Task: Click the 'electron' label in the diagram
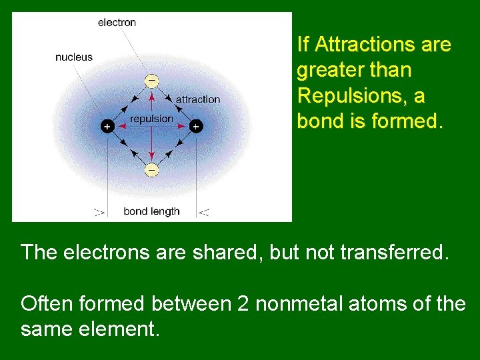click(x=117, y=23)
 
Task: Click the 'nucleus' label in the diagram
click(x=74, y=57)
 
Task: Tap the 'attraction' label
click(x=197, y=99)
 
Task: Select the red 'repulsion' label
click(x=151, y=119)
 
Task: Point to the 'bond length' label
click(x=151, y=211)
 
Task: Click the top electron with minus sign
click(x=151, y=81)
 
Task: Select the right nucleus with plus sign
click(x=196, y=125)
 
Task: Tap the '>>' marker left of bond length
click(x=99, y=212)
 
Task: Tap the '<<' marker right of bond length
click(x=204, y=212)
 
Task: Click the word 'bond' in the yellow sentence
click(x=318, y=121)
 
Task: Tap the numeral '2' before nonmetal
click(x=243, y=303)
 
